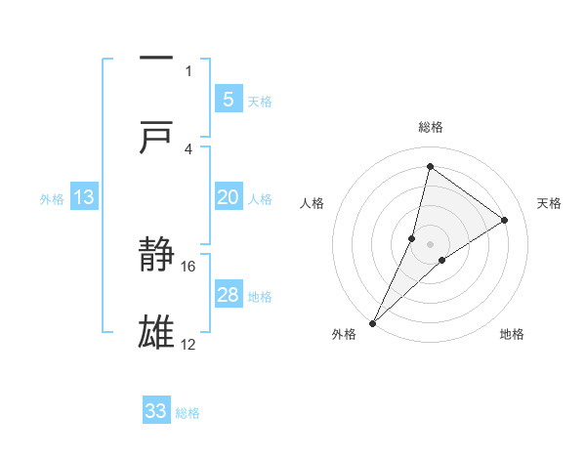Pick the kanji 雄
pyautogui.click(x=156, y=333)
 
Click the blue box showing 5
pyautogui.click(x=228, y=99)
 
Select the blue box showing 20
pyautogui.click(x=228, y=197)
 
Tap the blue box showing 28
pyautogui.click(x=228, y=295)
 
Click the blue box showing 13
pyautogui.click(x=84, y=197)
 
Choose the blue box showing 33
pyautogui.click(x=156, y=411)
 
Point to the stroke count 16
pyautogui.click(x=189, y=266)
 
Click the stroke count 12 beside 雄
pyautogui.click(x=188, y=344)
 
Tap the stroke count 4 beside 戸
pyautogui.click(x=188, y=148)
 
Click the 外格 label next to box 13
pyautogui.click(x=52, y=198)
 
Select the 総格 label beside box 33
pyautogui.click(x=188, y=412)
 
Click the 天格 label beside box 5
pyautogui.click(x=260, y=101)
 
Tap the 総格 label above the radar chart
pyautogui.click(x=431, y=127)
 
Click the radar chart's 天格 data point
pyautogui.click(x=505, y=220)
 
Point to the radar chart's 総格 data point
pyautogui.click(x=430, y=166)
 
